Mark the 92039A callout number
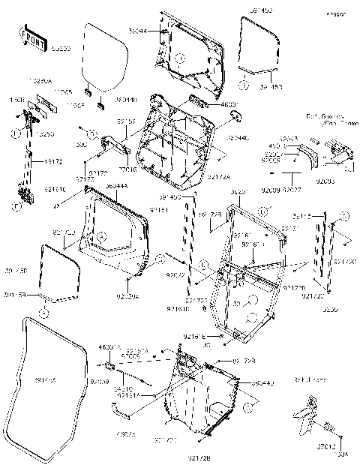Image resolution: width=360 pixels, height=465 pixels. point(127,296)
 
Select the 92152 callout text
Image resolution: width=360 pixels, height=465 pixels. point(126,121)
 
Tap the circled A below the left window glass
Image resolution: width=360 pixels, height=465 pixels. point(44,310)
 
